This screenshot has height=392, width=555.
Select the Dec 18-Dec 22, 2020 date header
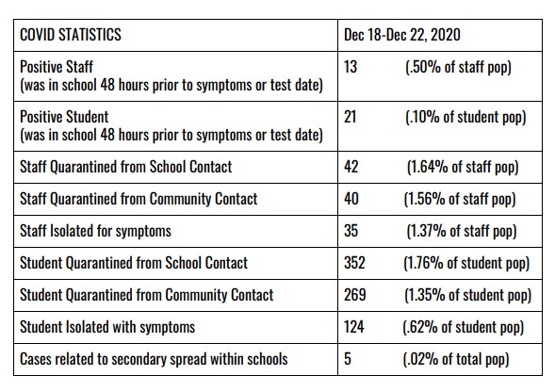402,35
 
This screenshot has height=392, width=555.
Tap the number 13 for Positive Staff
351,67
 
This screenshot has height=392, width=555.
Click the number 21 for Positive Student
351,117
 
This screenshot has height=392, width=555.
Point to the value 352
354,263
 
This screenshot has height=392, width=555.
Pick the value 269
354,295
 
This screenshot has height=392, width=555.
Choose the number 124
354,327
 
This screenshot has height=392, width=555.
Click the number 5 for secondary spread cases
348,359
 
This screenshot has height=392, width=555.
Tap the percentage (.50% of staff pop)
458,67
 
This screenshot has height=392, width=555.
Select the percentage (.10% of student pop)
465,117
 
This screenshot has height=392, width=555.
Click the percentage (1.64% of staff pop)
463,167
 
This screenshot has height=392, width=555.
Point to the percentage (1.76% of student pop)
466,263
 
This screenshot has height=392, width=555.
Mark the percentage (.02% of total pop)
456,359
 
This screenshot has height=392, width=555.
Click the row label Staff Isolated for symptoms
95,231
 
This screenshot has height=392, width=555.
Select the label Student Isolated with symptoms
107,327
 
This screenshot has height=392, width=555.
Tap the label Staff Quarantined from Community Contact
139,199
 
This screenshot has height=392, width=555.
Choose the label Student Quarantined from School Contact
134,263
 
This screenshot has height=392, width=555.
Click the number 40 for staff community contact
351,199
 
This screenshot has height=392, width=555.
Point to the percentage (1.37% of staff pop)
462,231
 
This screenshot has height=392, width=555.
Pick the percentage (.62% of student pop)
464,327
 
